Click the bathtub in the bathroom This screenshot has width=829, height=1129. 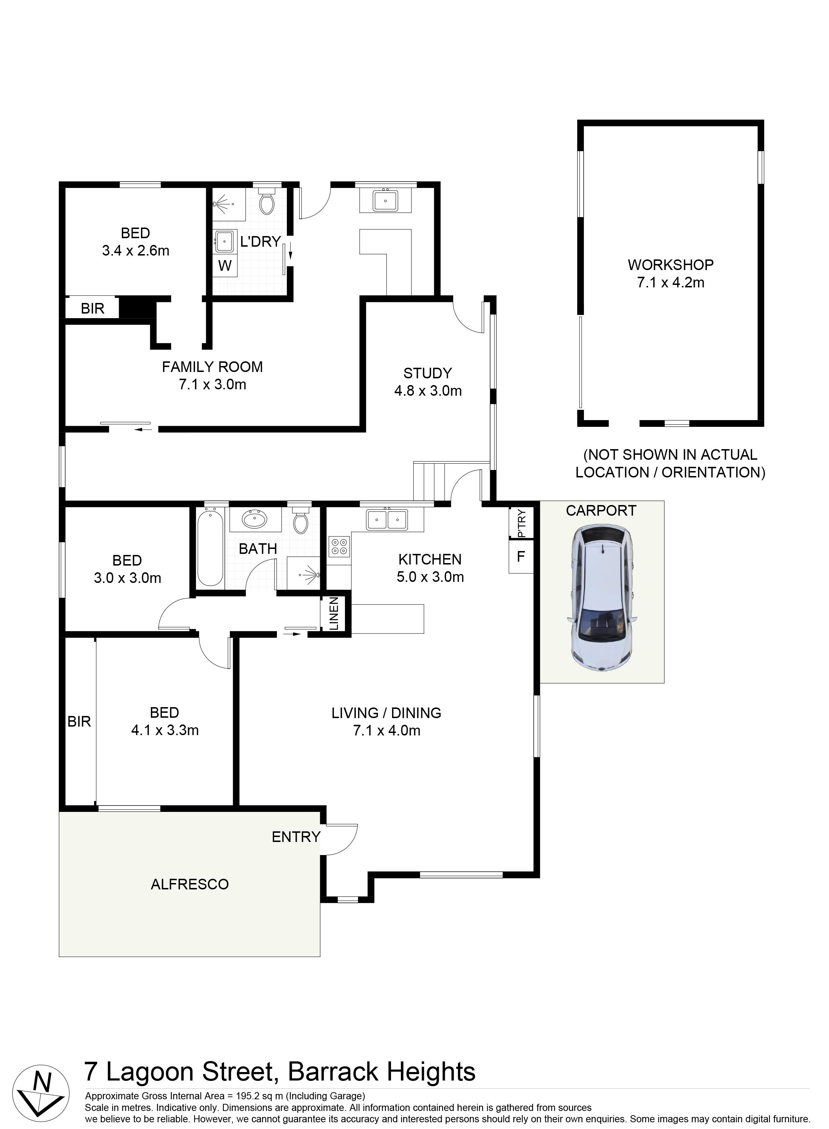(210, 546)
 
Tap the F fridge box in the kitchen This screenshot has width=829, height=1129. (521, 556)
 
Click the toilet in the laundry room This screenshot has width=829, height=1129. (266, 201)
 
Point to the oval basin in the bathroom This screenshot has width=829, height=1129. (255, 519)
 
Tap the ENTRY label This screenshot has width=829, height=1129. (296, 837)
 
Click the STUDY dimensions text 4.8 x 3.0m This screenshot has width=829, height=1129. (428, 391)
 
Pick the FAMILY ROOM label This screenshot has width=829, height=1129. (212, 367)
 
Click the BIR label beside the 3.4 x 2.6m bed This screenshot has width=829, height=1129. (93, 309)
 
